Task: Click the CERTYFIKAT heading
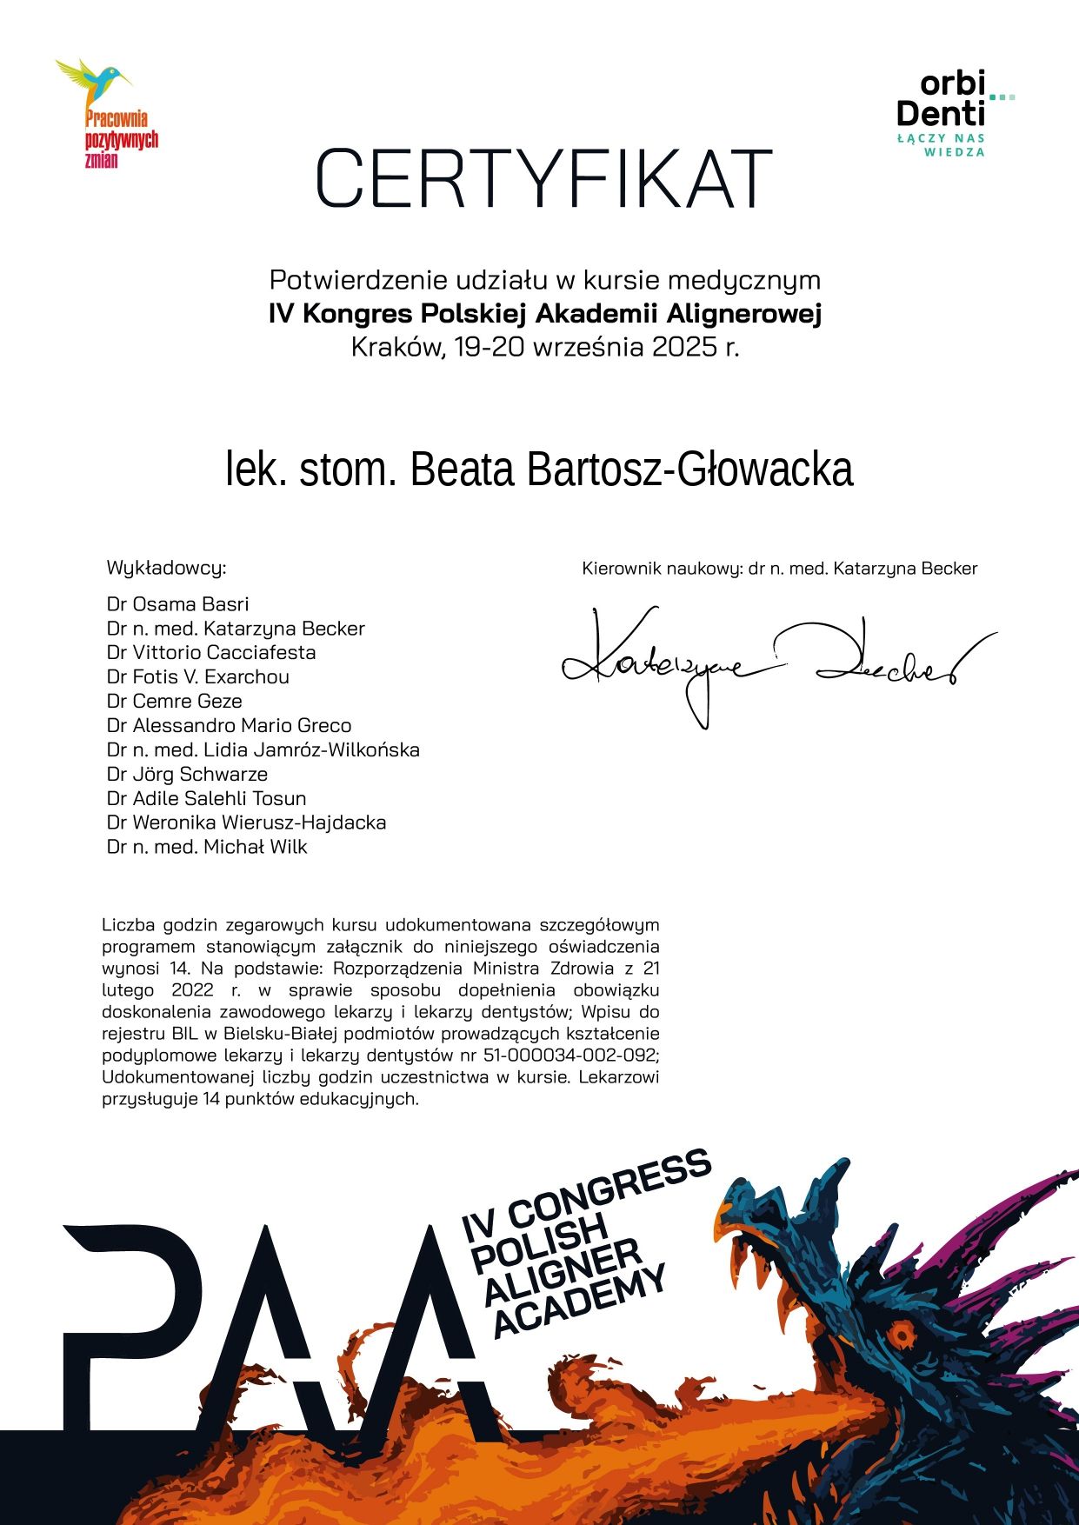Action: (x=544, y=179)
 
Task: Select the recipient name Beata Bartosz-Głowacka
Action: (x=539, y=469)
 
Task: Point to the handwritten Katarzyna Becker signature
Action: (x=774, y=665)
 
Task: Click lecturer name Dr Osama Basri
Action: (x=177, y=604)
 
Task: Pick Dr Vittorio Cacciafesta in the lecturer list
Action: (x=211, y=653)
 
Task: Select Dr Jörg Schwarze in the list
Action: (x=187, y=774)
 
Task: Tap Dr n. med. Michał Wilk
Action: (x=207, y=847)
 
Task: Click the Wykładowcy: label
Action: (x=165, y=569)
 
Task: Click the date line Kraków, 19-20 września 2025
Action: (x=545, y=348)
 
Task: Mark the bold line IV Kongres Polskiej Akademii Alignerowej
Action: (x=545, y=314)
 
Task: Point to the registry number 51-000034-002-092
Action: (x=570, y=1056)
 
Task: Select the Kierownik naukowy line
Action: (x=780, y=569)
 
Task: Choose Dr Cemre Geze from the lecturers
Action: (x=174, y=701)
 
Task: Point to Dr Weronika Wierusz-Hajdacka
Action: (x=246, y=822)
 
